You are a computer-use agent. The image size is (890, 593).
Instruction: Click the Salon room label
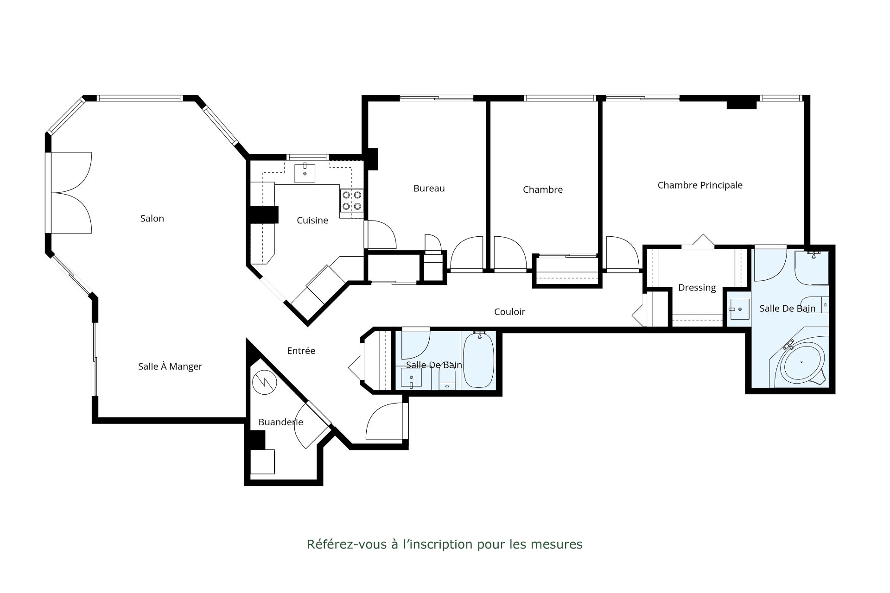152,218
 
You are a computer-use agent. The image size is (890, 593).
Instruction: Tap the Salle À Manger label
170,366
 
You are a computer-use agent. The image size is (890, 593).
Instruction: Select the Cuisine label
312,221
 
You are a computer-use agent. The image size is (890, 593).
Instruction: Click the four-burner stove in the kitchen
352,201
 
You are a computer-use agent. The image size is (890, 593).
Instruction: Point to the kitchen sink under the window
305,173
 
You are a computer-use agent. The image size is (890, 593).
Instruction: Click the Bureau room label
429,189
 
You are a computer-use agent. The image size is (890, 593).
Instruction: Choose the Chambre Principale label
700,185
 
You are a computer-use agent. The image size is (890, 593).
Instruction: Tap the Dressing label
697,288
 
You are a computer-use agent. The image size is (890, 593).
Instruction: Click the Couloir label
509,312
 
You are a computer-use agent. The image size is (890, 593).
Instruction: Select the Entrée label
301,351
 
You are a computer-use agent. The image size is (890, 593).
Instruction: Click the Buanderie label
280,422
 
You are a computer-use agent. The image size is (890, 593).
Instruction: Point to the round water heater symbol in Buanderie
265,383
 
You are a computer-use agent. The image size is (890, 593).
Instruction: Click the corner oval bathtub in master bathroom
802,363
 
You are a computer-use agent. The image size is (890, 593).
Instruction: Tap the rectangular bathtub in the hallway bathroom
479,360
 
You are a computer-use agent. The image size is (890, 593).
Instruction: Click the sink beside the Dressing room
737,309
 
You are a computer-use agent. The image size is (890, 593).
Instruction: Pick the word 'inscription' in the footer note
440,544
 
